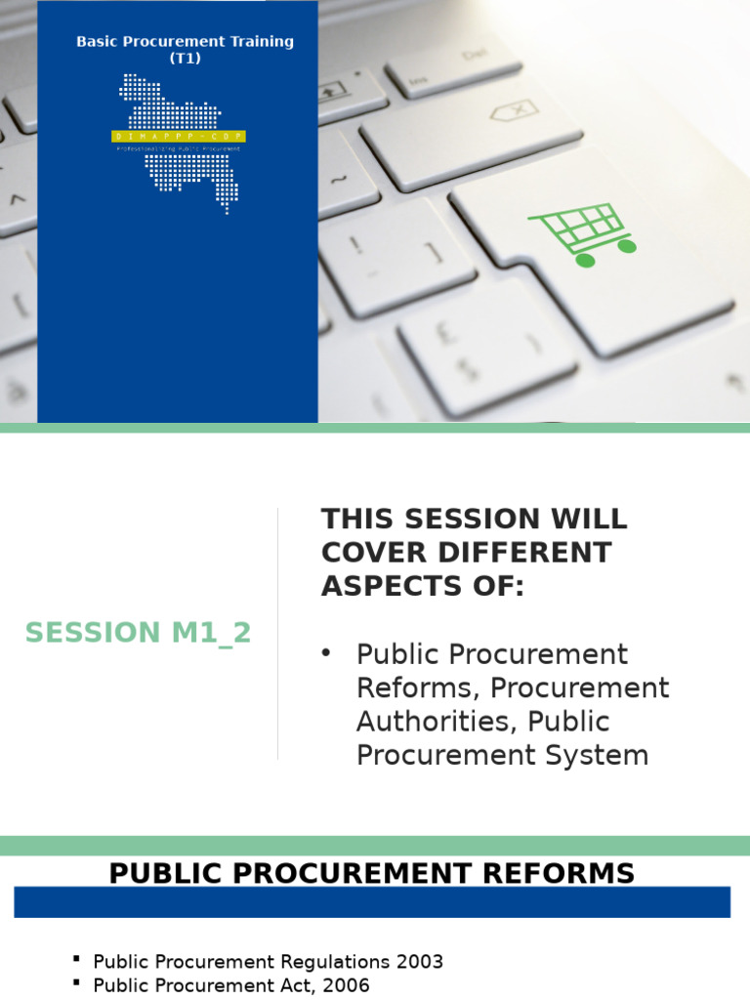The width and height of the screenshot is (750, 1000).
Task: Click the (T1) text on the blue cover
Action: click(186, 58)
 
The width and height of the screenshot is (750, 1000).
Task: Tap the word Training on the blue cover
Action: click(257, 42)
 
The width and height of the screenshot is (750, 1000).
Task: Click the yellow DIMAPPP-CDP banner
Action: click(179, 137)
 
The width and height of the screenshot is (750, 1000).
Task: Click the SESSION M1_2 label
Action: click(139, 633)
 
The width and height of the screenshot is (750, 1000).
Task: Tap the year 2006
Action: click(347, 986)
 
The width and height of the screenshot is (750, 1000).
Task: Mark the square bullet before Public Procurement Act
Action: click(77, 985)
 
